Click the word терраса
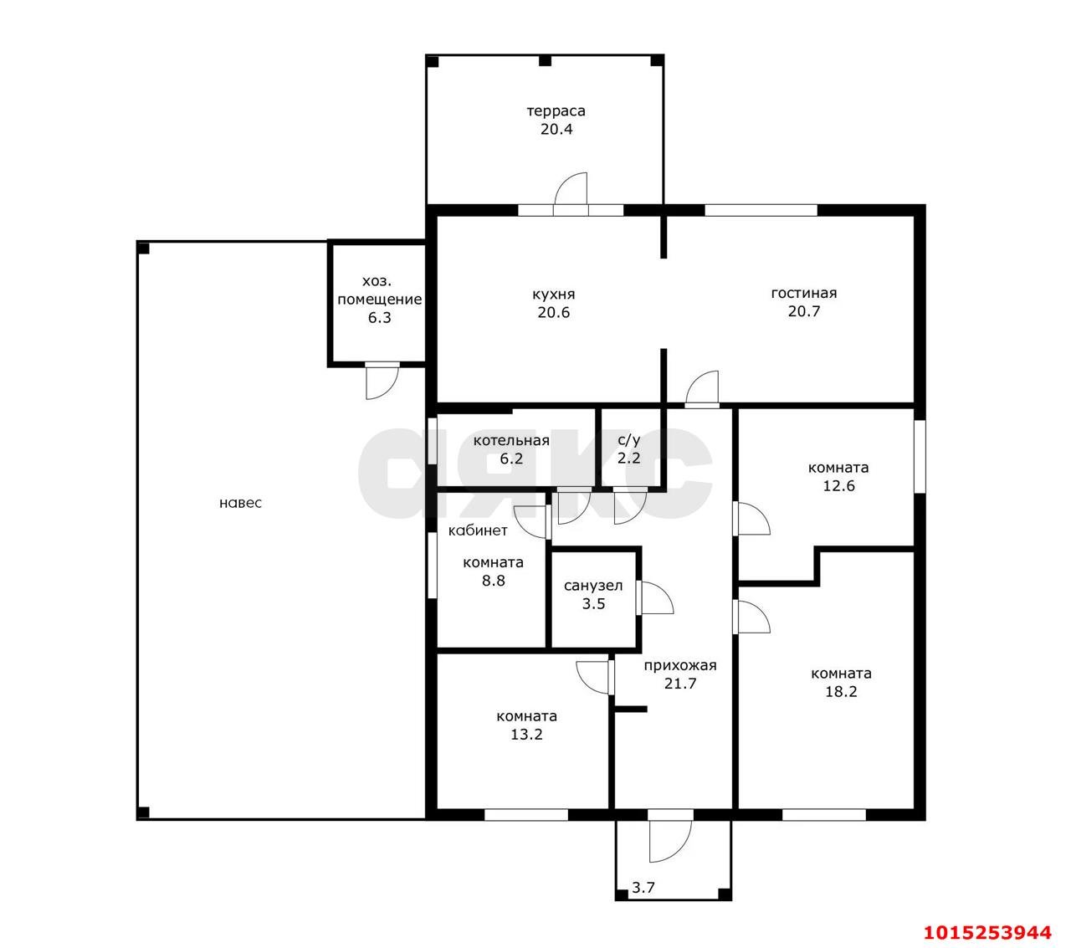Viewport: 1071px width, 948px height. click(556, 111)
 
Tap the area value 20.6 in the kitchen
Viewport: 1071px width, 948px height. click(553, 312)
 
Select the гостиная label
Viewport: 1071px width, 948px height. click(803, 293)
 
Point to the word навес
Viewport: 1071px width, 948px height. click(240, 503)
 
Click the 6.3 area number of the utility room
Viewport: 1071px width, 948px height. click(379, 318)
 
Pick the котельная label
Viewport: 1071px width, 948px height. click(511, 440)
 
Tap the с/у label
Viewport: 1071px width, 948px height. click(628, 440)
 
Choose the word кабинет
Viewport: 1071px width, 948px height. click(478, 530)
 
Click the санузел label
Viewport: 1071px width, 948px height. click(593, 586)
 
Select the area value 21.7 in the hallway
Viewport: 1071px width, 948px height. click(680, 683)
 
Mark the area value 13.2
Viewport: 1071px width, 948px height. click(526, 734)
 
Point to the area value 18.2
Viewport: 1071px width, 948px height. click(841, 691)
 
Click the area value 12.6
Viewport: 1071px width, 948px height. click(838, 485)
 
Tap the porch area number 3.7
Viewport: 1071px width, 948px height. click(643, 887)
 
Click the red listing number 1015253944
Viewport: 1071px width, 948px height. click(987, 932)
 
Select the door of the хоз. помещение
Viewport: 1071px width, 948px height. click(382, 381)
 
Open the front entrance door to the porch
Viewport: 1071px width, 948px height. click(670, 843)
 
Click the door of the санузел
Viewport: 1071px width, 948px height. click(655, 598)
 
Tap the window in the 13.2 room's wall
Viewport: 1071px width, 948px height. click(526, 815)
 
